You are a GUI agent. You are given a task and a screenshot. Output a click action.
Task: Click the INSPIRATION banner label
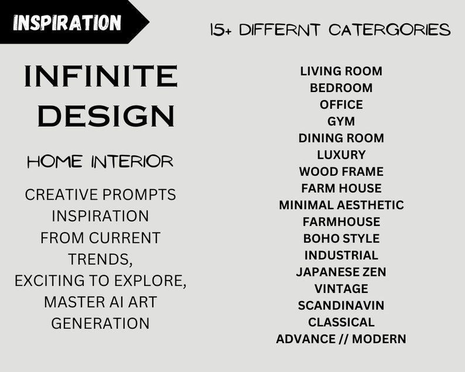click(x=67, y=23)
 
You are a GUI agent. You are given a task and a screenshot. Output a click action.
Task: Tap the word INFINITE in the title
click(x=100, y=77)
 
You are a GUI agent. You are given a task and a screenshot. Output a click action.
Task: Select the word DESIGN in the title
click(x=106, y=115)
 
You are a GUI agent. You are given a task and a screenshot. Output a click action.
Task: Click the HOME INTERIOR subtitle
click(x=100, y=162)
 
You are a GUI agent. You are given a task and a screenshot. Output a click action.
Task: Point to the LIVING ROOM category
click(x=341, y=71)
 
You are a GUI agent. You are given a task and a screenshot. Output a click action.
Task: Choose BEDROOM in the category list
click(x=341, y=88)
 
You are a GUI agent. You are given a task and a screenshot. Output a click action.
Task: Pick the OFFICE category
click(x=341, y=105)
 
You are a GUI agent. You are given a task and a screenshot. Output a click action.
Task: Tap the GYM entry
click(x=341, y=121)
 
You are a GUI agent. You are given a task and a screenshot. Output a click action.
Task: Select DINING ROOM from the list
click(x=341, y=138)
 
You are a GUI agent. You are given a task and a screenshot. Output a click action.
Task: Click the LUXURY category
click(x=341, y=155)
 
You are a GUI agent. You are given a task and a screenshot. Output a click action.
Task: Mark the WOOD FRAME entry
click(x=341, y=172)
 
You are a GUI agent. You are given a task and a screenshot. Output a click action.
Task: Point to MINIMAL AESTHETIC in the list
click(x=341, y=205)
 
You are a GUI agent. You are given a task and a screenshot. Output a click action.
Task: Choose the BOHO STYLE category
click(x=341, y=238)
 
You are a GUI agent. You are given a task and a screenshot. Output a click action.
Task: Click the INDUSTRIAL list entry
click(x=341, y=255)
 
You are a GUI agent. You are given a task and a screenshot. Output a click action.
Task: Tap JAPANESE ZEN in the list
click(x=341, y=272)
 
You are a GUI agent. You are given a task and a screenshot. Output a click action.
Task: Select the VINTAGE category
click(x=341, y=289)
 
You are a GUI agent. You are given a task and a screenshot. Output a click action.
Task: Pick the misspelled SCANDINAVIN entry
click(x=341, y=305)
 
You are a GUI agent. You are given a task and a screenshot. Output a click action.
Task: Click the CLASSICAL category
click(x=341, y=322)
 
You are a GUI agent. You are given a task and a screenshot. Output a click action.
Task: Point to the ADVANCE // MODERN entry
click(x=341, y=339)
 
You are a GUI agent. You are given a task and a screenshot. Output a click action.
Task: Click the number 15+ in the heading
click(x=221, y=30)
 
